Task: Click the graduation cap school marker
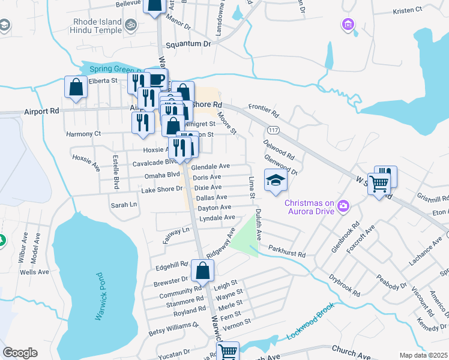click(x=276, y=181)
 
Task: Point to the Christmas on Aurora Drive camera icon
click(x=343, y=206)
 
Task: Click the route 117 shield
click(x=274, y=130)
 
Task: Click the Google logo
click(x=20, y=352)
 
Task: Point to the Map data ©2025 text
click(x=423, y=355)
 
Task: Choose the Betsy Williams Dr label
click(x=173, y=328)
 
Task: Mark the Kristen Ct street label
click(x=411, y=11)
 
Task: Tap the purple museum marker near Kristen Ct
click(x=348, y=25)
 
